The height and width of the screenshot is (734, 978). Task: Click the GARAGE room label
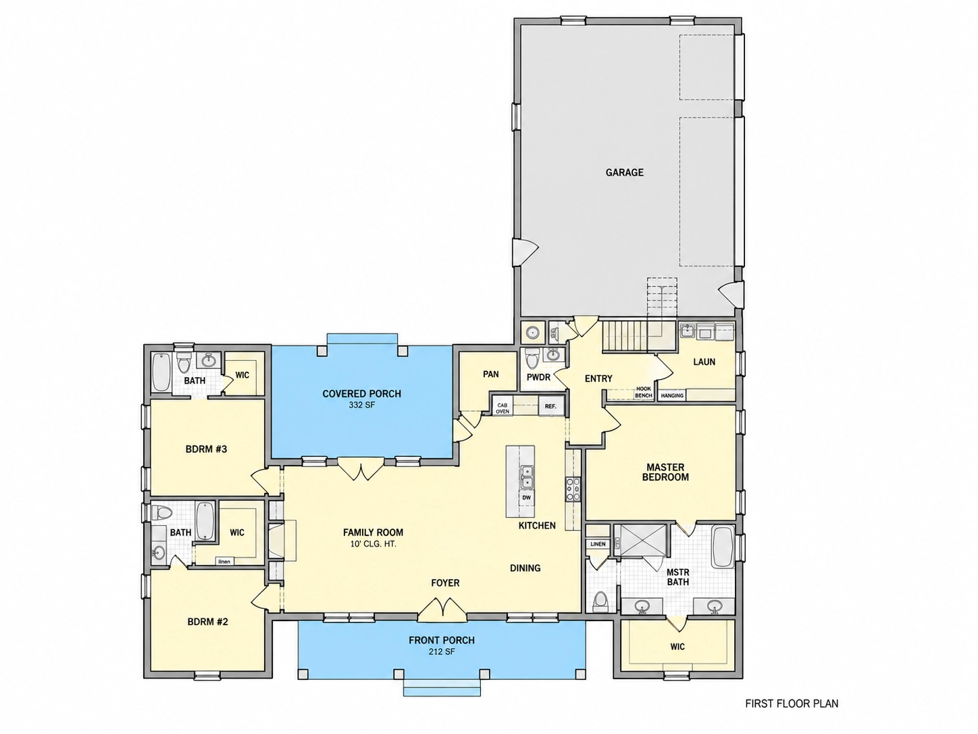point(624,172)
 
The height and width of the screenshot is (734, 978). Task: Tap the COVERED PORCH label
point(362,394)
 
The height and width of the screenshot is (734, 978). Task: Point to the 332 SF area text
point(362,406)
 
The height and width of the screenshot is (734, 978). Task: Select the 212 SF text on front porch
point(442,652)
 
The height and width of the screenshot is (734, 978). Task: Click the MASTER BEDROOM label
point(665,472)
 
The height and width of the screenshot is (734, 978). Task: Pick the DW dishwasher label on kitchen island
point(527,498)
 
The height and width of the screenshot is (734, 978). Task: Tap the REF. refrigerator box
point(550,406)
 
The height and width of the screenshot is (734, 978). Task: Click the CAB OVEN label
point(503,408)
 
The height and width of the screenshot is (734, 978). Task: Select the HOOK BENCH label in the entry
point(644,392)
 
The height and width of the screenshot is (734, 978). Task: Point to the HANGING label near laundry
point(672,396)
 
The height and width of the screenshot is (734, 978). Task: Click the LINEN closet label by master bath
point(598,544)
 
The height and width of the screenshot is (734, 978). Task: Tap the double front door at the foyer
point(442,610)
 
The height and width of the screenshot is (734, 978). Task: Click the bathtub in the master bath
point(723,547)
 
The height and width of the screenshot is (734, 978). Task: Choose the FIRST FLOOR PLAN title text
point(792,704)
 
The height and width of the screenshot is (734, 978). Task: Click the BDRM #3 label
point(206,449)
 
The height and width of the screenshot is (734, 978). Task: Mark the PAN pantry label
point(490,374)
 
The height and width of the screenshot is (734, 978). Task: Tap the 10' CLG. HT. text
point(373,544)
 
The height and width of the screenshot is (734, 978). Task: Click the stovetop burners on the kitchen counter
point(573,489)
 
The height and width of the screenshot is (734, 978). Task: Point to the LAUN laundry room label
point(704,362)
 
